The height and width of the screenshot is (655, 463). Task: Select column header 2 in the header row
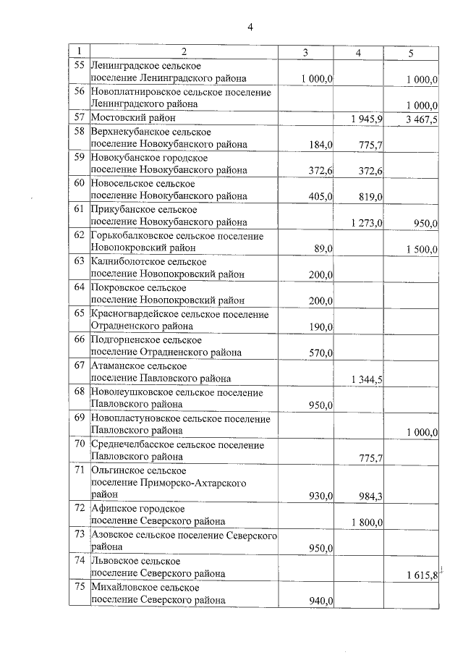tap(184, 52)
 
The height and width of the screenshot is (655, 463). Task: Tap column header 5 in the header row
tap(411, 52)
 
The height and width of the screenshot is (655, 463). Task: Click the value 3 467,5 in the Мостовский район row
tap(422, 119)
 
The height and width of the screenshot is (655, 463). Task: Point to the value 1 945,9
tap(366, 119)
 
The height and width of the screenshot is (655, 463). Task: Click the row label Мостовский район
tap(133, 118)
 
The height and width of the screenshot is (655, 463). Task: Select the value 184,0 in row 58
tap(320, 145)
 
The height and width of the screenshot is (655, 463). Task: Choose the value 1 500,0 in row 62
tap(422, 249)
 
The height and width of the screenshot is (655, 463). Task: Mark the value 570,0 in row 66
tap(320, 353)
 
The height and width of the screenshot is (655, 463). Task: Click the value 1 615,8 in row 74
tap(422, 575)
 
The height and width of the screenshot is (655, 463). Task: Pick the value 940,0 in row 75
tap(320, 600)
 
